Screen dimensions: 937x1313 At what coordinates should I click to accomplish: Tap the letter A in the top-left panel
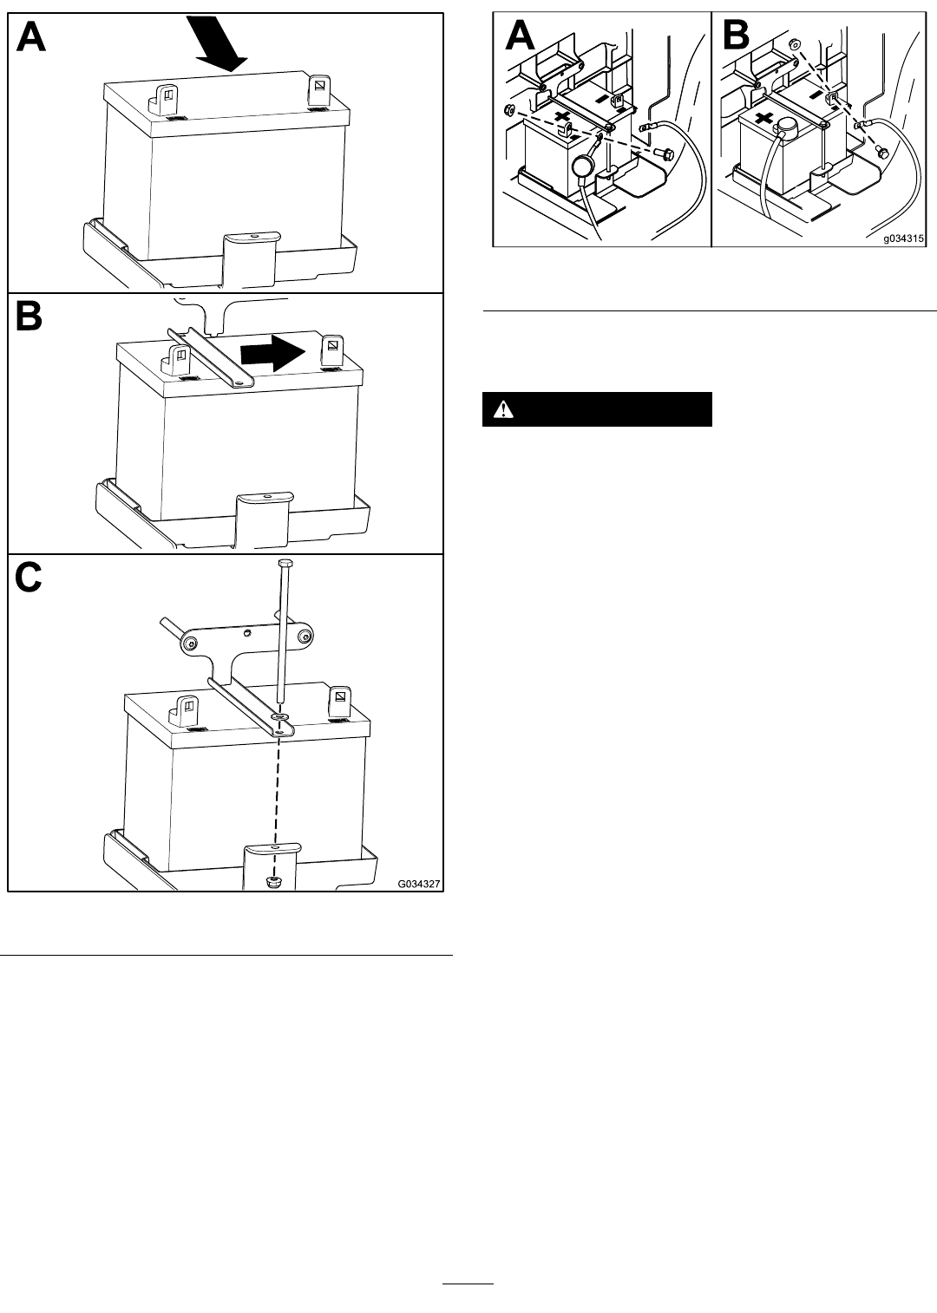tap(31, 37)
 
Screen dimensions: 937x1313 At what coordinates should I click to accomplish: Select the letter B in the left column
tap(29, 317)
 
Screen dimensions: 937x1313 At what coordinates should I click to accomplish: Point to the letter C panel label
tap(28, 578)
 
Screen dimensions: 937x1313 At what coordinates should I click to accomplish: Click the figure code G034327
tap(419, 884)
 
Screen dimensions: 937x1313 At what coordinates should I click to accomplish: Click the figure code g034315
tap(903, 238)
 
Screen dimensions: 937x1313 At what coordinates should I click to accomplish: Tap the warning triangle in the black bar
tap(503, 409)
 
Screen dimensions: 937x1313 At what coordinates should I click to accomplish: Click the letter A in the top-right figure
tap(520, 36)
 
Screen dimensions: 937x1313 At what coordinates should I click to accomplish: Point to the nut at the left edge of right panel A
tap(509, 109)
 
